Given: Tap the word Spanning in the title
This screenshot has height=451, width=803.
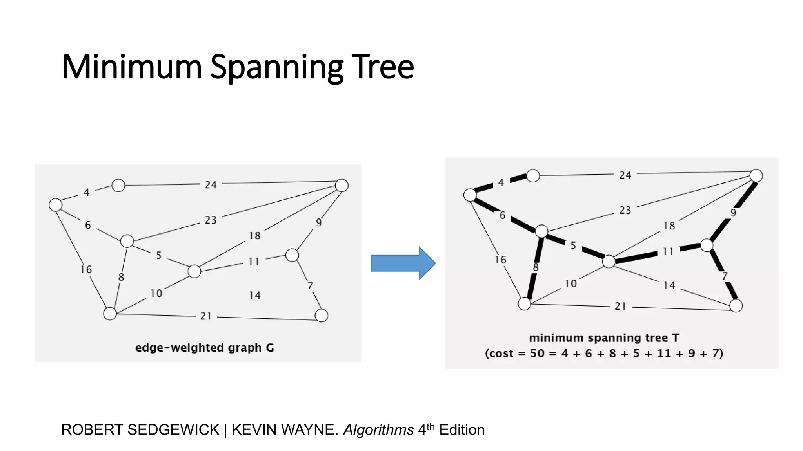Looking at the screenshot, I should point(276,67).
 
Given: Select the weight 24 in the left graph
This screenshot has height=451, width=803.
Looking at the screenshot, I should point(211,185).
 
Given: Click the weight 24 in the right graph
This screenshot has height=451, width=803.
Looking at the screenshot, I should point(625,175).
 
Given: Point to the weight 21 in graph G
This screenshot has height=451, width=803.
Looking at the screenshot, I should point(206,316).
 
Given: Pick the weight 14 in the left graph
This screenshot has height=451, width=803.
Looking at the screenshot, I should point(255,295).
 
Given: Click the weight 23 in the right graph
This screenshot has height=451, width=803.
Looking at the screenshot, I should point(625,210).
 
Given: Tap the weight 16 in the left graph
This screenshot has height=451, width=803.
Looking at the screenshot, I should point(86,269).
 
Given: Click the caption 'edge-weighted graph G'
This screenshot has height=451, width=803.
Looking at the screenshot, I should point(204,348).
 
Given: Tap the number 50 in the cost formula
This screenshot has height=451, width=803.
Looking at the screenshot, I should point(537,354).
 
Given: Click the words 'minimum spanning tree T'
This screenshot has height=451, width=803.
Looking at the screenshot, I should point(604,338).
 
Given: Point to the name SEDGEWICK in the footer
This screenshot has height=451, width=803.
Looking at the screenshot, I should point(173,430).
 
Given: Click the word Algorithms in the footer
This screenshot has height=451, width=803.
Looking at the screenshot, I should point(378,430).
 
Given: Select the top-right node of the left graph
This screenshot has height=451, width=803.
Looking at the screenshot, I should point(342,185).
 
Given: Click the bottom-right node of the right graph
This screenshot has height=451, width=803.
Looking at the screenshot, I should point(736,305).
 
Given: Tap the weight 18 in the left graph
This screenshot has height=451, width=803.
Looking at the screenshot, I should point(254,236).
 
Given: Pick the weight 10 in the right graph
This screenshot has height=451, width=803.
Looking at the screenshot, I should point(570,283).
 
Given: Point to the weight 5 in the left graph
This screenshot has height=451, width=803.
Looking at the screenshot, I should point(159,255).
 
